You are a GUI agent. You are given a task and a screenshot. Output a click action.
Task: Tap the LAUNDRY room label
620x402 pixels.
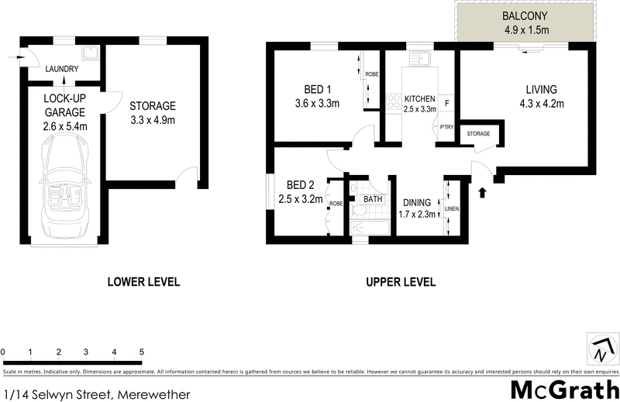[x=62, y=69]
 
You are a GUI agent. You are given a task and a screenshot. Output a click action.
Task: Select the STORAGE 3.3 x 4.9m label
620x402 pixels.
[x=152, y=113]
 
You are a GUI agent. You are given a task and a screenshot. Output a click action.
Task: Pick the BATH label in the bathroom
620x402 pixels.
[x=374, y=199]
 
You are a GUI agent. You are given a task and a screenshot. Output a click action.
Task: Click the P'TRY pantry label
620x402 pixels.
[x=446, y=127]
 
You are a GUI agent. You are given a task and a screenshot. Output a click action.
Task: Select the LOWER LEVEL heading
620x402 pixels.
[x=143, y=282]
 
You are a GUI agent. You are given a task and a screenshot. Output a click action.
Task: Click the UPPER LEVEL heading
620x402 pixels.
[x=400, y=282]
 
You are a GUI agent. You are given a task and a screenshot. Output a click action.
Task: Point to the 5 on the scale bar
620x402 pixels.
[x=142, y=353]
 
